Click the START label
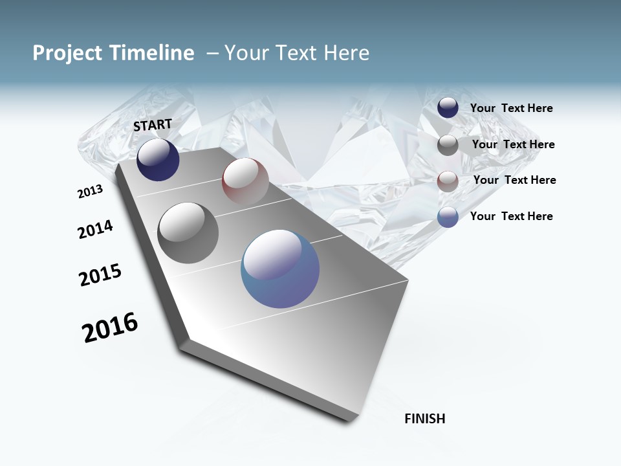tap(153, 124)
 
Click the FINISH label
tap(424, 419)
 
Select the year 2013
tap(90, 192)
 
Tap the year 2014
tap(95, 229)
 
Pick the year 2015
tap(100, 275)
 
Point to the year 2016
tap(110, 327)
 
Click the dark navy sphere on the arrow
tap(158, 160)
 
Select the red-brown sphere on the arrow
tap(245, 181)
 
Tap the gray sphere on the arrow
tap(188, 233)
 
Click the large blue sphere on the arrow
tap(280, 269)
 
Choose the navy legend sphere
tap(448, 108)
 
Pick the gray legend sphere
tap(448, 145)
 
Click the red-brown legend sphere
tap(448, 181)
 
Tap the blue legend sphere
tap(448, 217)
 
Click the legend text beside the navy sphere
tap(511, 108)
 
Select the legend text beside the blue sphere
tap(511, 216)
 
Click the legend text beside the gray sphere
tap(513, 144)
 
